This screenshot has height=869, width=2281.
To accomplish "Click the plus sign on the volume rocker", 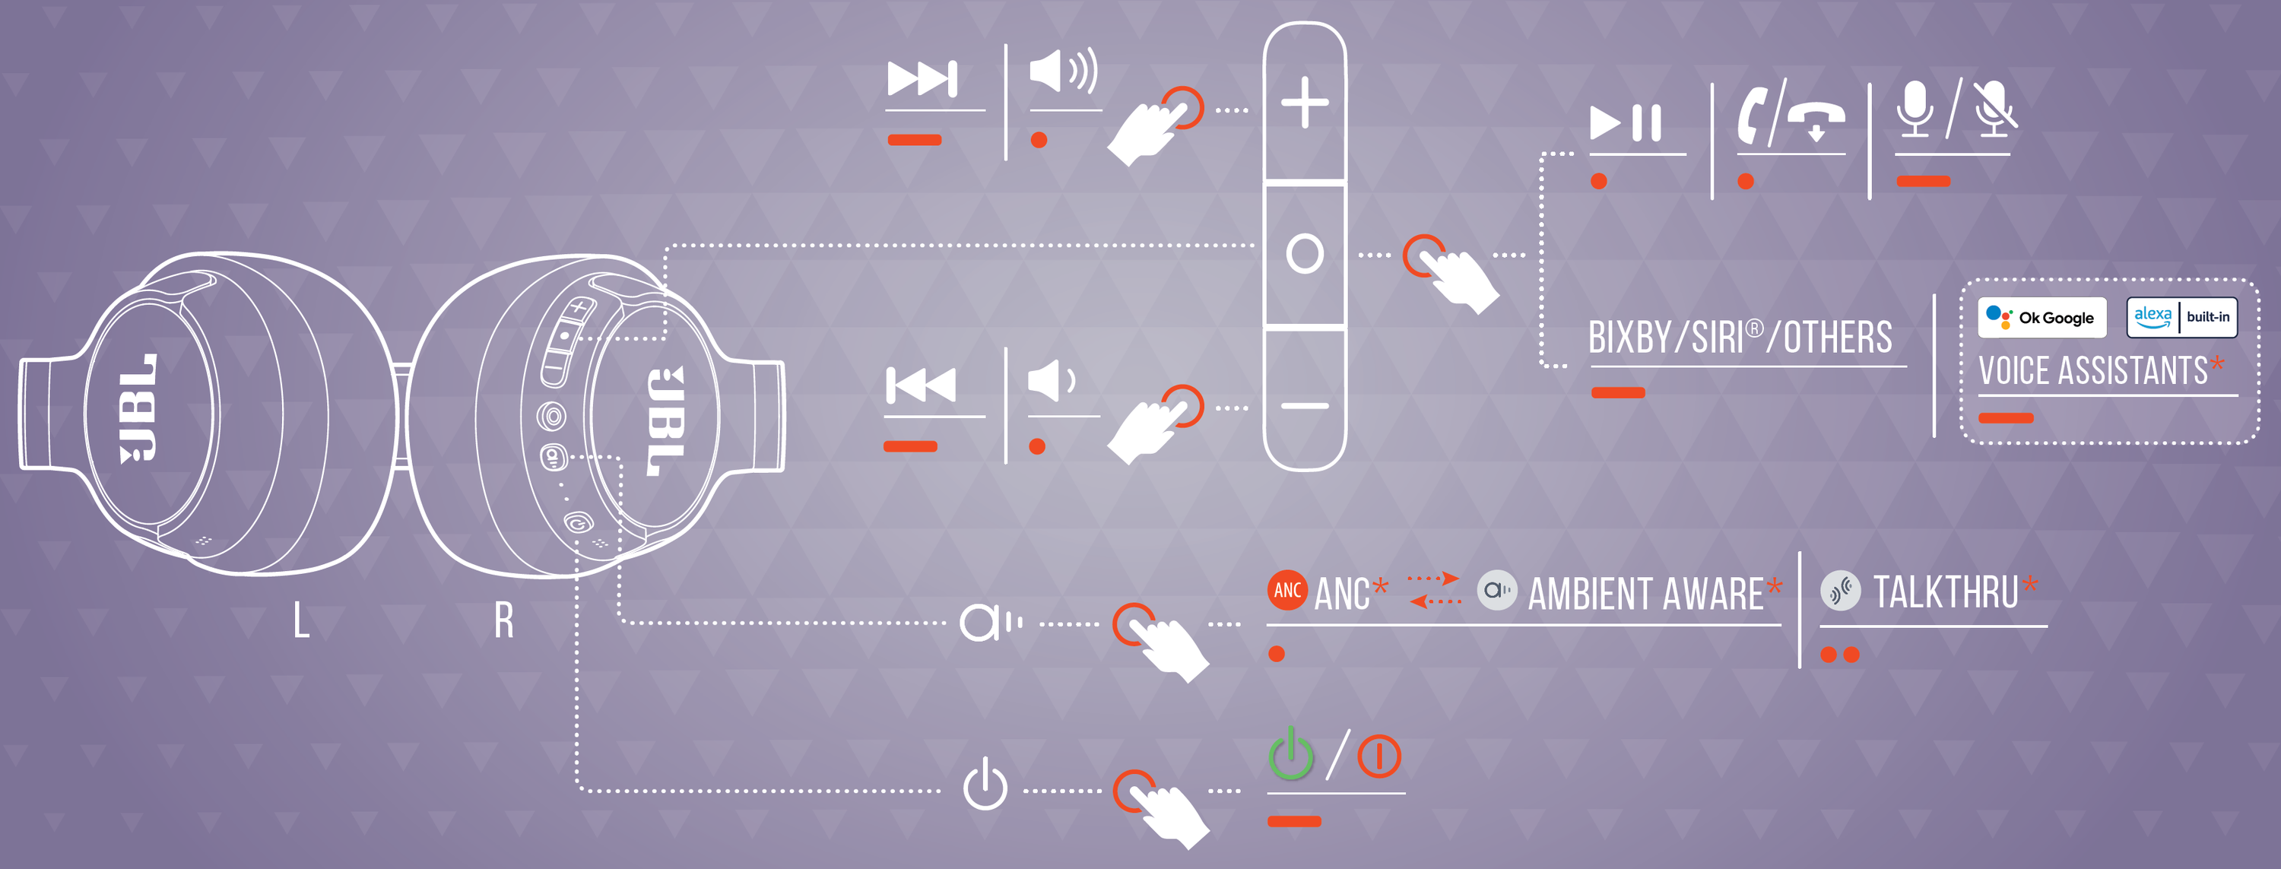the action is tap(1304, 103).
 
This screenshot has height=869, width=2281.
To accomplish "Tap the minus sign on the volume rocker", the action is tap(1304, 407).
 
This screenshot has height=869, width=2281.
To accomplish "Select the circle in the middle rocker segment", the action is tap(1304, 253).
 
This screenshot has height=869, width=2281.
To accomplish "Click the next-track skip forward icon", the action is tap(922, 79).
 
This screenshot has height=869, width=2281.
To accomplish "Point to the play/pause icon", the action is tap(1626, 122).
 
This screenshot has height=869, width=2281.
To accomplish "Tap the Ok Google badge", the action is tap(2041, 317).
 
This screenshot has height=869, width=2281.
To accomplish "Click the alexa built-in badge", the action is tap(2182, 317).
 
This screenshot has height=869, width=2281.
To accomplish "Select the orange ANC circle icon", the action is tap(1286, 590).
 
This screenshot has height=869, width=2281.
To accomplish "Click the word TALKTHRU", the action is tap(1946, 591).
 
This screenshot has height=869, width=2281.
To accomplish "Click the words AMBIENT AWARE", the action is tap(1645, 594).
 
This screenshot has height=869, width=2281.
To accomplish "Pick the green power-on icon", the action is tap(1291, 754).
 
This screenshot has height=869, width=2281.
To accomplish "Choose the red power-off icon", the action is tap(1378, 756).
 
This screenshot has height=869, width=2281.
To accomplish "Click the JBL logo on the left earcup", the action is tap(138, 408).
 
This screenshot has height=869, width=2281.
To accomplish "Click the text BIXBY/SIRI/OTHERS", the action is tap(1740, 338).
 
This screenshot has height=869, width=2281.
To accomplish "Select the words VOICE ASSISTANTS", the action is tap(2093, 370).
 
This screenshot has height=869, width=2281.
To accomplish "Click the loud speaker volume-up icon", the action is tap(1064, 71).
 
